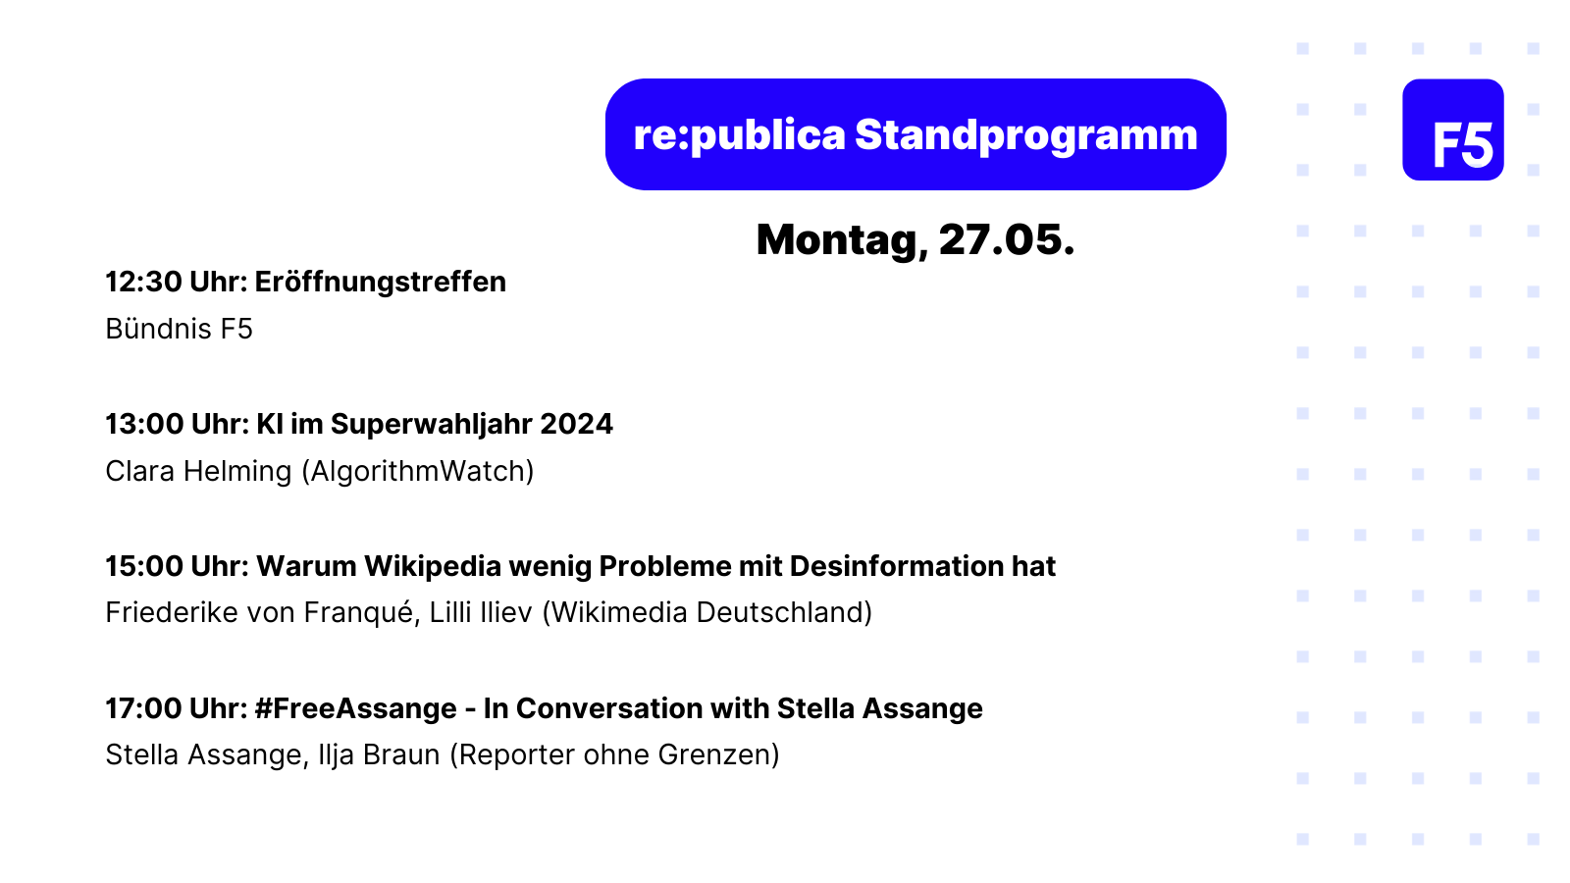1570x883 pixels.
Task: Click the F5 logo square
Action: click(1453, 130)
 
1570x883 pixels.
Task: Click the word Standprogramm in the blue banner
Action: click(1026, 135)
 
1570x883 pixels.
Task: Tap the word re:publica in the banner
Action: click(739, 135)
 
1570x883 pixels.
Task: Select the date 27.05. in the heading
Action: click(1007, 239)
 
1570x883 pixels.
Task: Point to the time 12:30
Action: click(143, 282)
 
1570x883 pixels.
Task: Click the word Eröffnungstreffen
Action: click(380, 282)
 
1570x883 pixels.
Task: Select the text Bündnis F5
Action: click(179, 329)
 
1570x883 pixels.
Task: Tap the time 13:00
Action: click(144, 424)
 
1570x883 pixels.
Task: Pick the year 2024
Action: click(576, 424)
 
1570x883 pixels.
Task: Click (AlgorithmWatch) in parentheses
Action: click(418, 472)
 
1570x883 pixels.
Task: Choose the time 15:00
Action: click(144, 566)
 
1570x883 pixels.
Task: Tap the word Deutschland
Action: click(784, 613)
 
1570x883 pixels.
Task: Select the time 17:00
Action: click(143, 708)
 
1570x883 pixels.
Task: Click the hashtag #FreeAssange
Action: click(356, 709)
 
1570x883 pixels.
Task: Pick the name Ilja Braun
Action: click(379, 755)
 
